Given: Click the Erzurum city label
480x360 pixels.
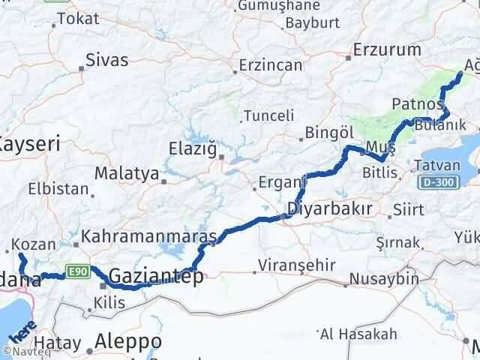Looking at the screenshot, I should (x=388, y=50).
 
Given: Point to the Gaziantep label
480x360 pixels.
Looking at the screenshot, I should (x=156, y=277).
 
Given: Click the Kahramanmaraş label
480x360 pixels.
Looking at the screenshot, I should (x=148, y=236).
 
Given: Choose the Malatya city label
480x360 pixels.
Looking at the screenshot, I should (x=126, y=174).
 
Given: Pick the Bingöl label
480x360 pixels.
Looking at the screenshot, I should (x=330, y=133).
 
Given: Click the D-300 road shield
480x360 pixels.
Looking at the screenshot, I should (x=438, y=183).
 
